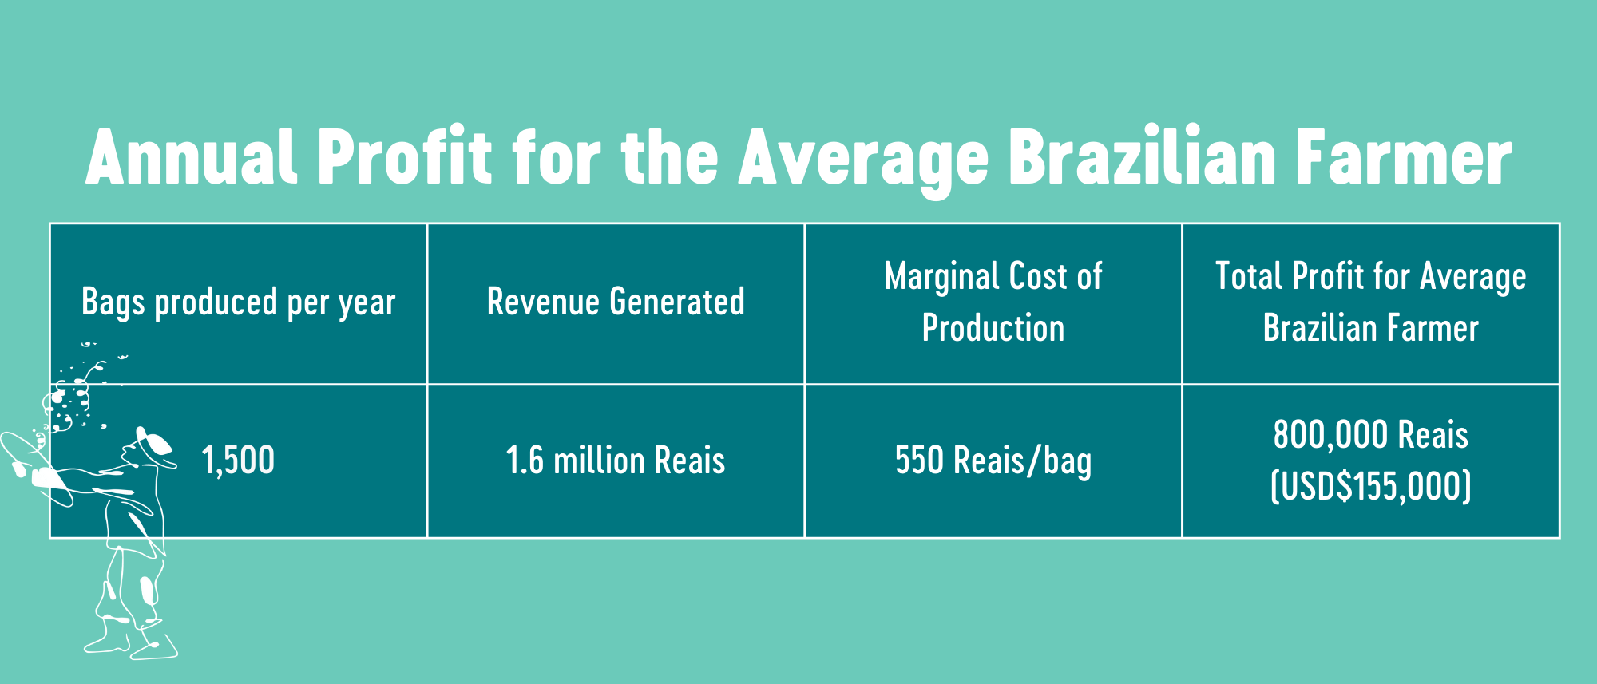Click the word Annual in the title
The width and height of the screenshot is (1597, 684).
pyautogui.click(x=192, y=156)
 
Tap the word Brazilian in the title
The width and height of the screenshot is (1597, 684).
pyautogui.click(x=1143, y=156)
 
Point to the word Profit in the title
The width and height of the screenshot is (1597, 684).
pyautogui.click(x=406, y=156)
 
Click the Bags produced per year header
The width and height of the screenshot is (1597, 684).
pyautogui.click(x=239, y=303)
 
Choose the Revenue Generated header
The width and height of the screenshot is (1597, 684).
pyautogui.click(x=616, y=302)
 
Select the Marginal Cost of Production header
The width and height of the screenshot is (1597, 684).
pyautogui.click(x=993, y=302)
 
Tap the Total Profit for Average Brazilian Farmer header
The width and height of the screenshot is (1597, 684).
pyautogui.click(x=1371, y=302)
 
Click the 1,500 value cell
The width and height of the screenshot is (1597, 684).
pyautogui.click(x=238, y=461)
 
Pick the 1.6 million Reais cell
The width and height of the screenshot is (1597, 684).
pyautogui.click(x=616, y=461)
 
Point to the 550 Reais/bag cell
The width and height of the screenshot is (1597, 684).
pyautogui.click(x=993, y=461)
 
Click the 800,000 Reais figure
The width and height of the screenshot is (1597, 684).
pyautogui.click(x=1371, y=435)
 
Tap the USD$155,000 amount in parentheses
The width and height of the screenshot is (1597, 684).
pyautogui.click(x=1371, y=486)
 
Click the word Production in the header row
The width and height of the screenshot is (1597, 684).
pyautogui.click(x=993, y=328)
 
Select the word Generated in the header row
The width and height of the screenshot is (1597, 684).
pyautogui.click(x=677, y=302)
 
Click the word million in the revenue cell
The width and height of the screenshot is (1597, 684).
pyautogui.click(x=599, y=461)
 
